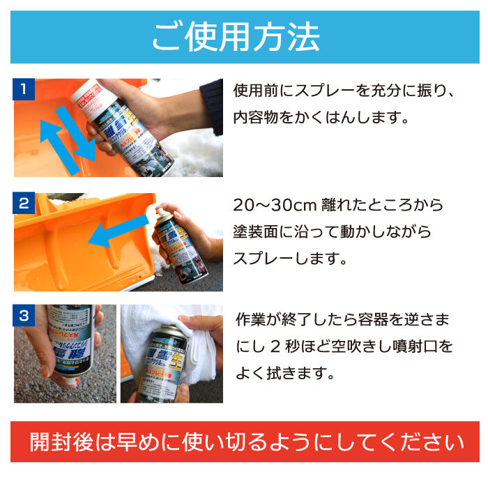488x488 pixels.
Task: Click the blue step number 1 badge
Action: click(24, 90)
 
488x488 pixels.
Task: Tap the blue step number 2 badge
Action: click(24, 204)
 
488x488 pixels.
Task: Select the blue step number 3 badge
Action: click(24, 316)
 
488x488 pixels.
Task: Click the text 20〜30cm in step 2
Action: click(275, 206)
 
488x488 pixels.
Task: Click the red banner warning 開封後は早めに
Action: click(244, 442)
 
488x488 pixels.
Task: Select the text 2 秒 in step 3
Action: click(285, 346)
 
